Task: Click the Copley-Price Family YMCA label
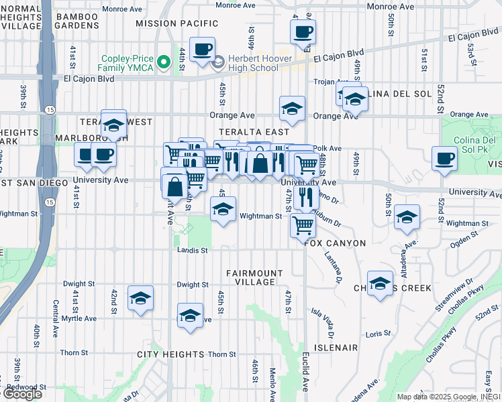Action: tap(126, 62)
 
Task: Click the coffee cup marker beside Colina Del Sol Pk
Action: tap(444, 159)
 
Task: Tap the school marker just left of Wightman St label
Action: tap(223, 210)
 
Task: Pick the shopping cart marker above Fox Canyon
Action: tap(303, 226)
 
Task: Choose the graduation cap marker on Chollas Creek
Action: tap(380, 283)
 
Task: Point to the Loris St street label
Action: tap(378, 333)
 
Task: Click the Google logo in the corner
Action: tap(22, 394)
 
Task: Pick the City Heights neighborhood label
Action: tap(170, 354)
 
